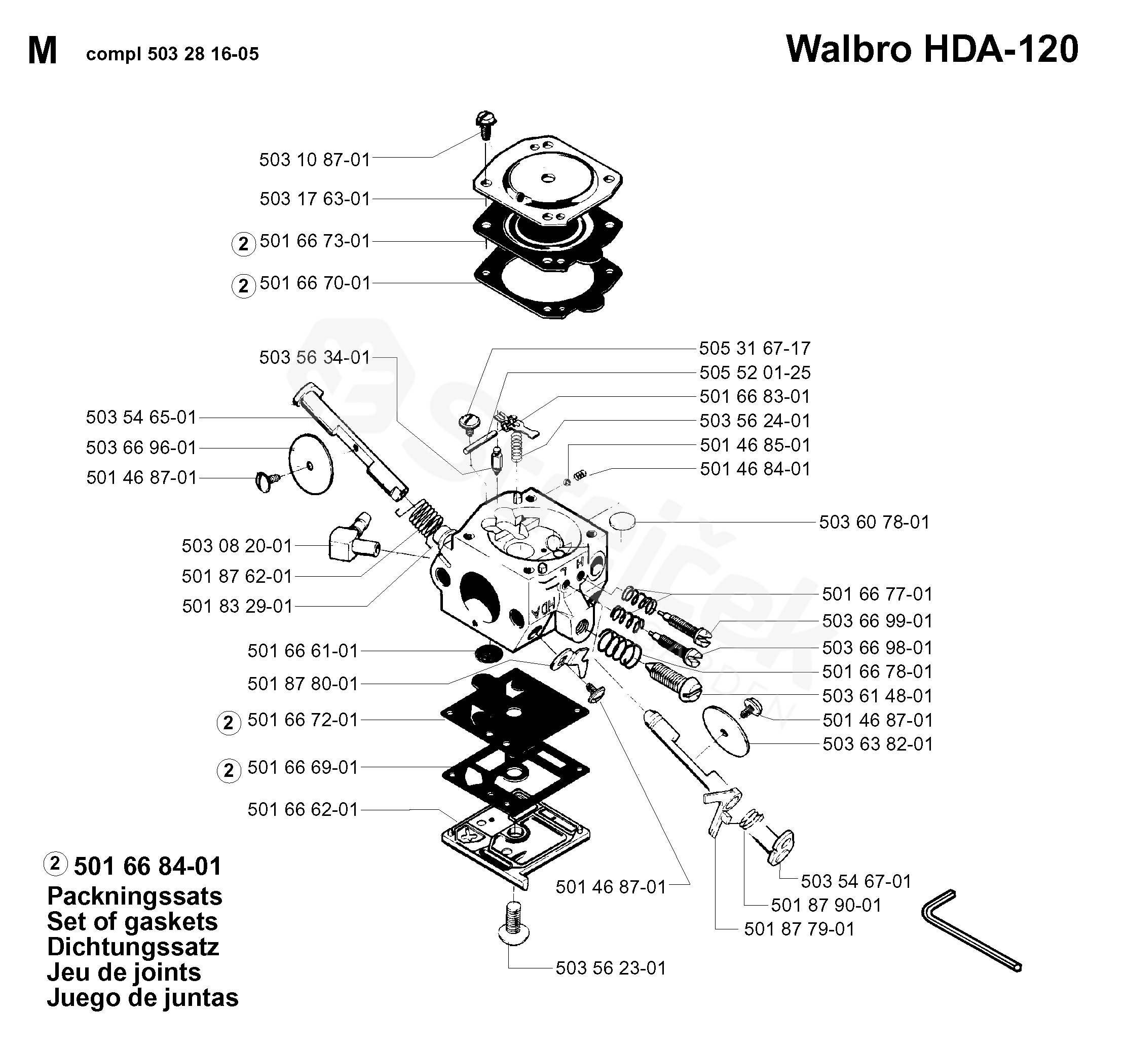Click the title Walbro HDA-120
tap(931, 50)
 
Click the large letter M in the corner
tap(43, 52)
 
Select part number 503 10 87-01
tap(314, 160)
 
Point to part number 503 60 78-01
tap(874, 522)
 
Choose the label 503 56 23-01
tap(611, 968)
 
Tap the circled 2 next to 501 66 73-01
tap(243, 244)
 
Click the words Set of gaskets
tap(132, 922)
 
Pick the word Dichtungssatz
tap(132, 947)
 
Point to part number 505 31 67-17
tap(755, 348)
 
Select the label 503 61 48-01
tap(877, 695)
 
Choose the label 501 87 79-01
tap(799, 929)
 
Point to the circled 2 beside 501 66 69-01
tap(229, 771)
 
